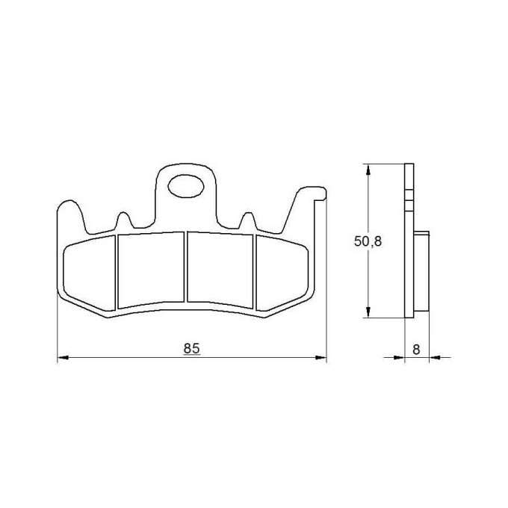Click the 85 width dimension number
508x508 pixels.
pyautogui.click(x=192, y=349)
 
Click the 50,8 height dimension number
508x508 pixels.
pyautogui.click(x=368, y=241)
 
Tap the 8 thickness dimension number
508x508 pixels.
pyautogui.click(x=416, y=350)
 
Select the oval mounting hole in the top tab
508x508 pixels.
pyautogui.click(x=186, y=186)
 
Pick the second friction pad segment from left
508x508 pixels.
pyautogui.click(x=151, y=270)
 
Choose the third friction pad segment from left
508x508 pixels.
pyautogui.click(x=220, y=270)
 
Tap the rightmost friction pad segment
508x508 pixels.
pyautogui.click(x=282, y=273)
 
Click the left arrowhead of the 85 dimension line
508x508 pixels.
pyautogui.click(x=63, y=357)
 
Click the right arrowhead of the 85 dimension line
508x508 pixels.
pyautogui.click(x=321, y=357)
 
